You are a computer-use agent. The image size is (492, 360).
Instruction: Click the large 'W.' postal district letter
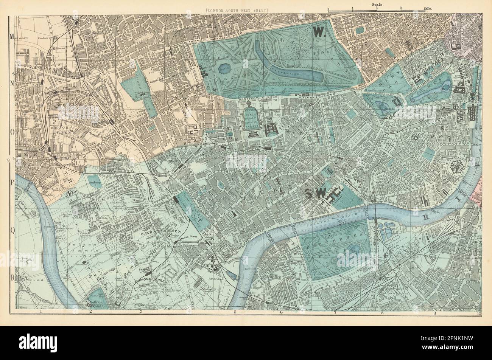[x=319, y=33]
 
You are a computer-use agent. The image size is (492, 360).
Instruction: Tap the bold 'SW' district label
[x=315, y=194]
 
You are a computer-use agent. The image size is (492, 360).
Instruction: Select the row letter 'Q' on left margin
[x=11, y=233]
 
